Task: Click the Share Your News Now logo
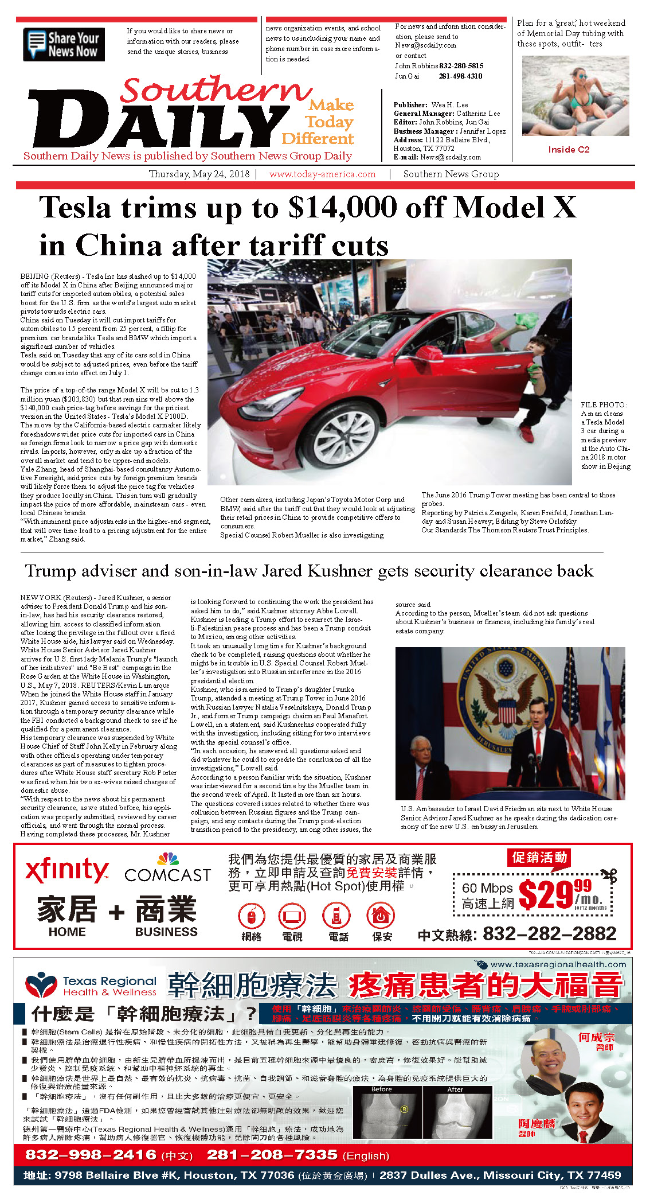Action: point(64,44)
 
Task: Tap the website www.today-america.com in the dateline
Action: point(322,174)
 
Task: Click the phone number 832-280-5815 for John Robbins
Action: point(461,66)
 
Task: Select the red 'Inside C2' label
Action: point(569,150)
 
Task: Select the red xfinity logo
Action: point(66,871)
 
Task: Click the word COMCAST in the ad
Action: point(167,875)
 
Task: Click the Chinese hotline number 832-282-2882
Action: point(549,935)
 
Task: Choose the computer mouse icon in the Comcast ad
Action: point(251,916)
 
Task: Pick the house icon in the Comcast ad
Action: point(381,916)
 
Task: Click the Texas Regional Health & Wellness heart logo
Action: point(41,985)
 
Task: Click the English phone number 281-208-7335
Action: point(272,1154)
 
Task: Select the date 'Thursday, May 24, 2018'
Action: point(199,174)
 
